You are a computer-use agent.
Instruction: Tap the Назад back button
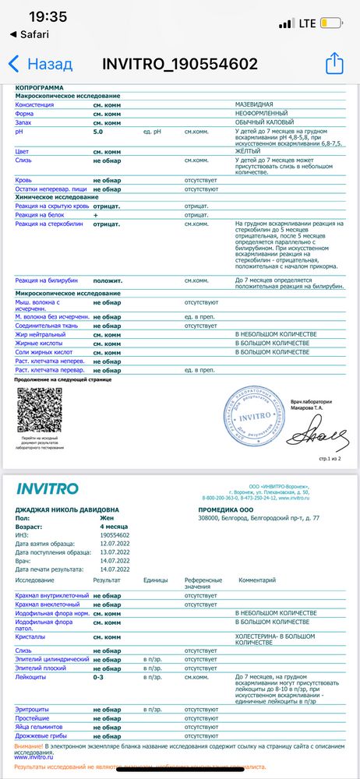tap(41, 64)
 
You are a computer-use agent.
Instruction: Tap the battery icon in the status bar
tap(337, 23)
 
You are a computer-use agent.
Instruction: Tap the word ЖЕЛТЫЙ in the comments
tap(249, 151)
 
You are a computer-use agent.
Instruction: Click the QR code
tap(40, 410)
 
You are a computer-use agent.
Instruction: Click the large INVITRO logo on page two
tap(48, 489)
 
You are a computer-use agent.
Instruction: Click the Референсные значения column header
tap(203, 583)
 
